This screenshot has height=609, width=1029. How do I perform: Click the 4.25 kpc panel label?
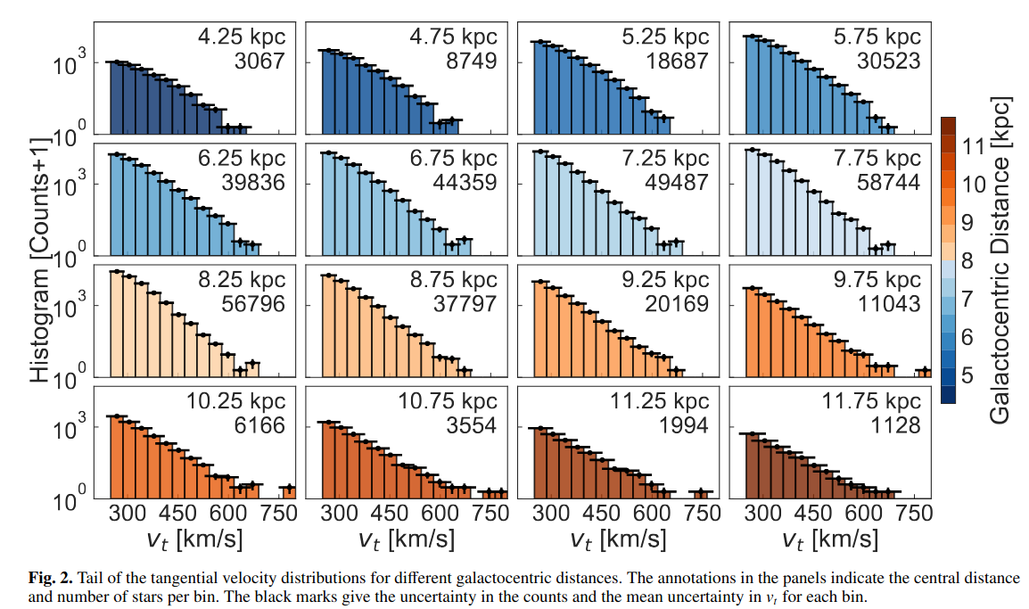(x=238, y=38)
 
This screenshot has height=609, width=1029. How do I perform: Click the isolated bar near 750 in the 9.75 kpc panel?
(x=924, y=372)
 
